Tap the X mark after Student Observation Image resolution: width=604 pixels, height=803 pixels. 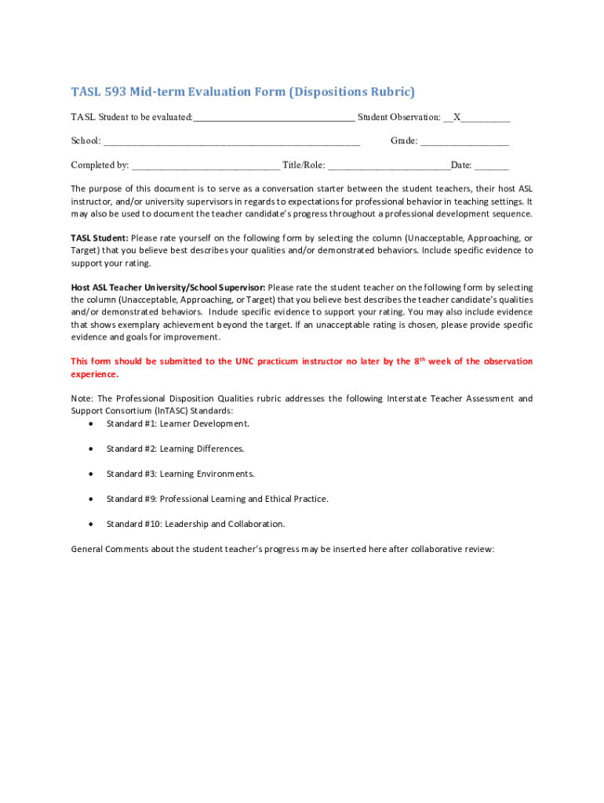(457, 117)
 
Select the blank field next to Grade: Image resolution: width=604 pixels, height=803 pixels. (464, 141)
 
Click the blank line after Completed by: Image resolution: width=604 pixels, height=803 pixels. (206, 165)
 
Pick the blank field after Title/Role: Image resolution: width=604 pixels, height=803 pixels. (388, 165)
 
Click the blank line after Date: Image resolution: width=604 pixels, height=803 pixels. (492, 165)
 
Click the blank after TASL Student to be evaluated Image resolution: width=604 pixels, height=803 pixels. (274, 117)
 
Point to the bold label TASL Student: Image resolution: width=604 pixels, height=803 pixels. (100, 238)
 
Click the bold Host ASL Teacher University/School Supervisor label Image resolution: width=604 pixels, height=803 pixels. (168, 287)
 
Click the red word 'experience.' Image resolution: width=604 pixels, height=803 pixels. (94, 374)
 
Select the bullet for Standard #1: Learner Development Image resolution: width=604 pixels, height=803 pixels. (93, 424)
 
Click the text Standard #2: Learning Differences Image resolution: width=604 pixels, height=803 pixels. (175, 449)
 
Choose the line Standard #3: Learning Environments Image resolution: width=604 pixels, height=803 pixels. (180, 474)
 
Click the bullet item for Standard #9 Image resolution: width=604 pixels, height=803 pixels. (93, 499)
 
